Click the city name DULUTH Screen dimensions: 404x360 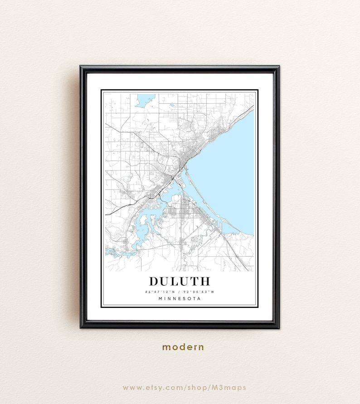coord(180,281)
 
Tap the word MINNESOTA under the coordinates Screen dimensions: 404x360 coord(180,298)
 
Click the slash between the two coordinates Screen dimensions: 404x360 coord(180,292)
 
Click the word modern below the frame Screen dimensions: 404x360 coord(183,347)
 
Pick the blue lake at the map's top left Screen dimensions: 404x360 coord(145,100)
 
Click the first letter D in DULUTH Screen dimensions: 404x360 coord(154,281)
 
